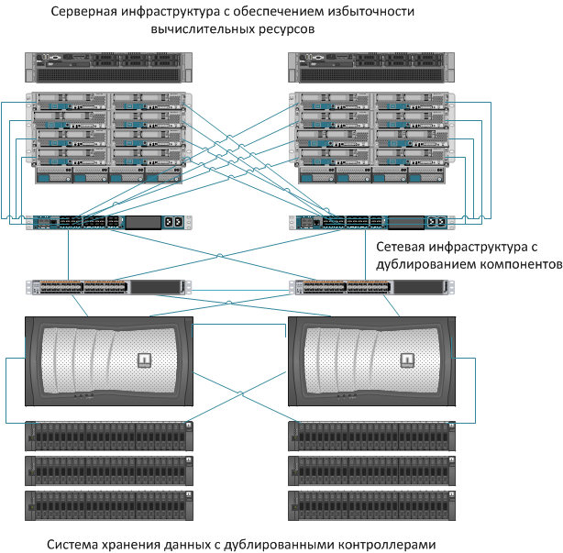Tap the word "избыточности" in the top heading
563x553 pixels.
pyautogui.click(x=364, y=12)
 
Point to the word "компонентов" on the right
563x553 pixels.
pyautogui.click(x=509, y=264)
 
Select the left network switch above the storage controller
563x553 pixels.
pyautogui.click(x=106, y=287)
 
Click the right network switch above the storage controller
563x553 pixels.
pyautogui.click(x=370, y=287)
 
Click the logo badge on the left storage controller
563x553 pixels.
pyautogui.click(x=143, y=359)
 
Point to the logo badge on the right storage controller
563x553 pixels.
pyautogui.click(x=403, y=359)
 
